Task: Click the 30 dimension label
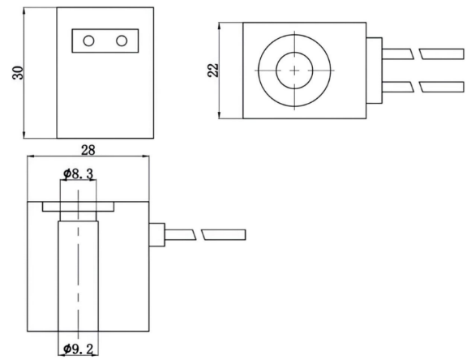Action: [18, 73]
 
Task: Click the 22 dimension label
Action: [213, 71]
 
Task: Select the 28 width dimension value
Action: [88, 150]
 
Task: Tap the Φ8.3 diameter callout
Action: [79, 174]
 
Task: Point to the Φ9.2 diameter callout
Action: [78, 349]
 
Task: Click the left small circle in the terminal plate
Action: [88, 41]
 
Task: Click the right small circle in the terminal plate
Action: [122, 41]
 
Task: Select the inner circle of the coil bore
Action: [294, 53]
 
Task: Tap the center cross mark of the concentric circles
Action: [294, 71]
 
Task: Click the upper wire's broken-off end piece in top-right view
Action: [442, 54]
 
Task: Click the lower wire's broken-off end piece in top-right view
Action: [442, 87]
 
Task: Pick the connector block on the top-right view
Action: [374, 71]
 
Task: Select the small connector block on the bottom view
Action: [156, 234]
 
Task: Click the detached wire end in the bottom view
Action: [224, 234]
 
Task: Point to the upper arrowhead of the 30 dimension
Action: [24, 11]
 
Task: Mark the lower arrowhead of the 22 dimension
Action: [219, 115]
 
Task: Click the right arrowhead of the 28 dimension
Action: [146, 156]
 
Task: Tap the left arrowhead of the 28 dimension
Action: [31, 156]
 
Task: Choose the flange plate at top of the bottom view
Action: [78, 207]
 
